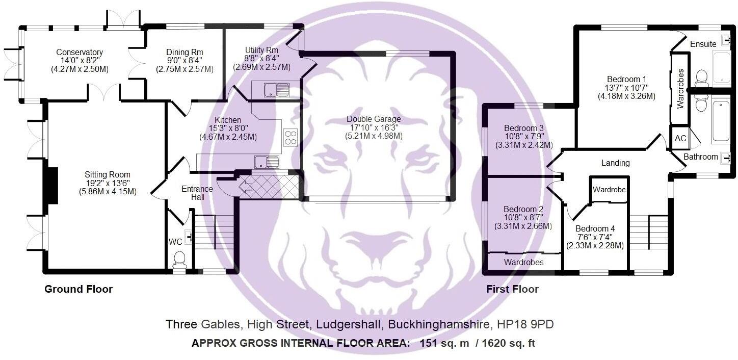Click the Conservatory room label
(x=80, y=53)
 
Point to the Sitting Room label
(x=108, y=175)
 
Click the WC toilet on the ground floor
(x=179, y=259)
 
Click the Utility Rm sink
(x=276, y=90)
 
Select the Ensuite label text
(x=703, y=44)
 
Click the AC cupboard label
(x=680, y=138)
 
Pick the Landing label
(x=615, y=163)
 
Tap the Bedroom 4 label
(x=595, y=229)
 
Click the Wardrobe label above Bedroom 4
(x=609, y=190)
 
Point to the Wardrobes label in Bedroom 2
(x=523, y=262)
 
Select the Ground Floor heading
(x=78, y=289)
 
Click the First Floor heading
(x=512, y=289)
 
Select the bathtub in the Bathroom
(x=721, y=121)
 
